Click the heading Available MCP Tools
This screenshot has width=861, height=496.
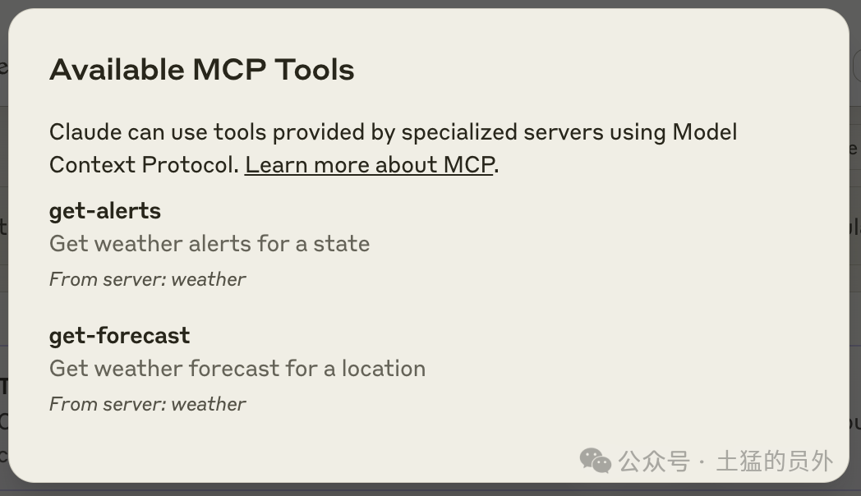pyautogui.click(x=201, y=70)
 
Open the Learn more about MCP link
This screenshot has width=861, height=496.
pyautogui.click(x=370, y=165)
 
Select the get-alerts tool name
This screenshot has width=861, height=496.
pyautogui.click(x=105, y=211)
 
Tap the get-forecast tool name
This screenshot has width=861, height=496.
pyautogui.click(x=120, y=336)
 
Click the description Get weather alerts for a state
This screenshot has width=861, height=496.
pyautogui.click(x=209, y=244)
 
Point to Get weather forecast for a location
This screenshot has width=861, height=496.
pyautogui.click(x=237, y=368)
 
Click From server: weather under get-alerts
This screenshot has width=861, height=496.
pyautogui.click(x=147, y=279)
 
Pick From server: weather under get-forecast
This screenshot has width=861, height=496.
pyautogui.click(x=147, y=404)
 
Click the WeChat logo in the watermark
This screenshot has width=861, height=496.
pyautogui.click(x=596, y=461)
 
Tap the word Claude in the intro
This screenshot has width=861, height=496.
pyautogui.click(x=85, y=132)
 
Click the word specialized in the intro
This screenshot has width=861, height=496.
pyautogui.click(x=459, y=133)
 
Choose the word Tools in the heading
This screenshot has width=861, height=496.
pyautogui.click(x=315, y=70)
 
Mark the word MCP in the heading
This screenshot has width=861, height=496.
pyautogui.click(x=229, y=70)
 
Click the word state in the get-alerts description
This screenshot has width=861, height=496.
pyautogui.click(x=342, y=244)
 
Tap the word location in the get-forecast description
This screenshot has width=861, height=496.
pyautogui.click(x=384, y=368)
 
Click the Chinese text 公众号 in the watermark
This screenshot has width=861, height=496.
pyautogui.click(x=653, y=461)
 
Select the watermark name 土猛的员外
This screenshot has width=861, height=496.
pyautogui.click(x=775, y=461)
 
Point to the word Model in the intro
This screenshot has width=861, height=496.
pyautogui.click(x=705, y=132)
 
